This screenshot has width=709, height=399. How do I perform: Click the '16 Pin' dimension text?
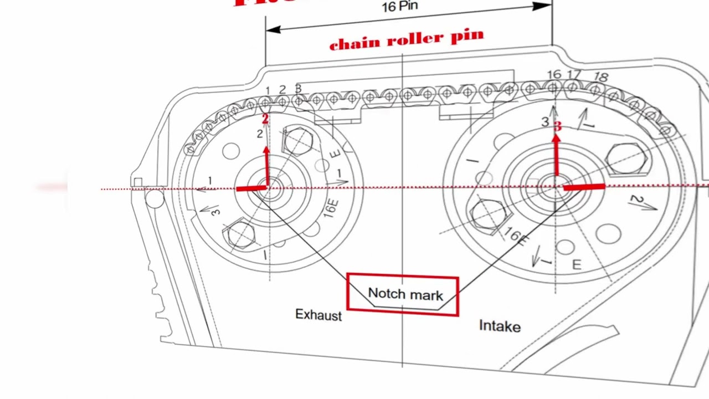pyautogui.click(x=399, y=7)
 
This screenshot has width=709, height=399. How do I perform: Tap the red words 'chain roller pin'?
pyautogui.click(x=406, y=40)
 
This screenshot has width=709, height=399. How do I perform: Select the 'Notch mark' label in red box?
pyautogui.click(x=405, y=294)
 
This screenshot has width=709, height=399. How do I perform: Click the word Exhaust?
pyautogui.click(x=318, y=315)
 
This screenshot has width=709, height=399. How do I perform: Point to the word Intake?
pyautogui.click(x=500, y=326)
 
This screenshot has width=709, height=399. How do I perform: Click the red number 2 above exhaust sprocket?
pyautogui.click(x=265, y=119)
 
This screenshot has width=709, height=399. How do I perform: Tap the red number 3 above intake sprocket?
pyautogui.click(x=557, y=127)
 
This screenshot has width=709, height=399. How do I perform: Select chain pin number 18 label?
pyautogui.click(x=600, y=77)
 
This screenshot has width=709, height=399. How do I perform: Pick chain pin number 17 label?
pyautogui.click(x=574, y=74)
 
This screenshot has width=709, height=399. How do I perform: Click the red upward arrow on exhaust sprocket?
pyautogui.click(x=266, y=163)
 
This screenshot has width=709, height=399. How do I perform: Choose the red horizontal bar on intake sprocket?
pyautogui.click(x=584, y=188)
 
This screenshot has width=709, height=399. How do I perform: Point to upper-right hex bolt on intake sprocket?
pyautogui.click(x=627, y=157)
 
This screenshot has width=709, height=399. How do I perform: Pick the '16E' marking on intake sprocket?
pyautogui.click(x=516, y=237)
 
